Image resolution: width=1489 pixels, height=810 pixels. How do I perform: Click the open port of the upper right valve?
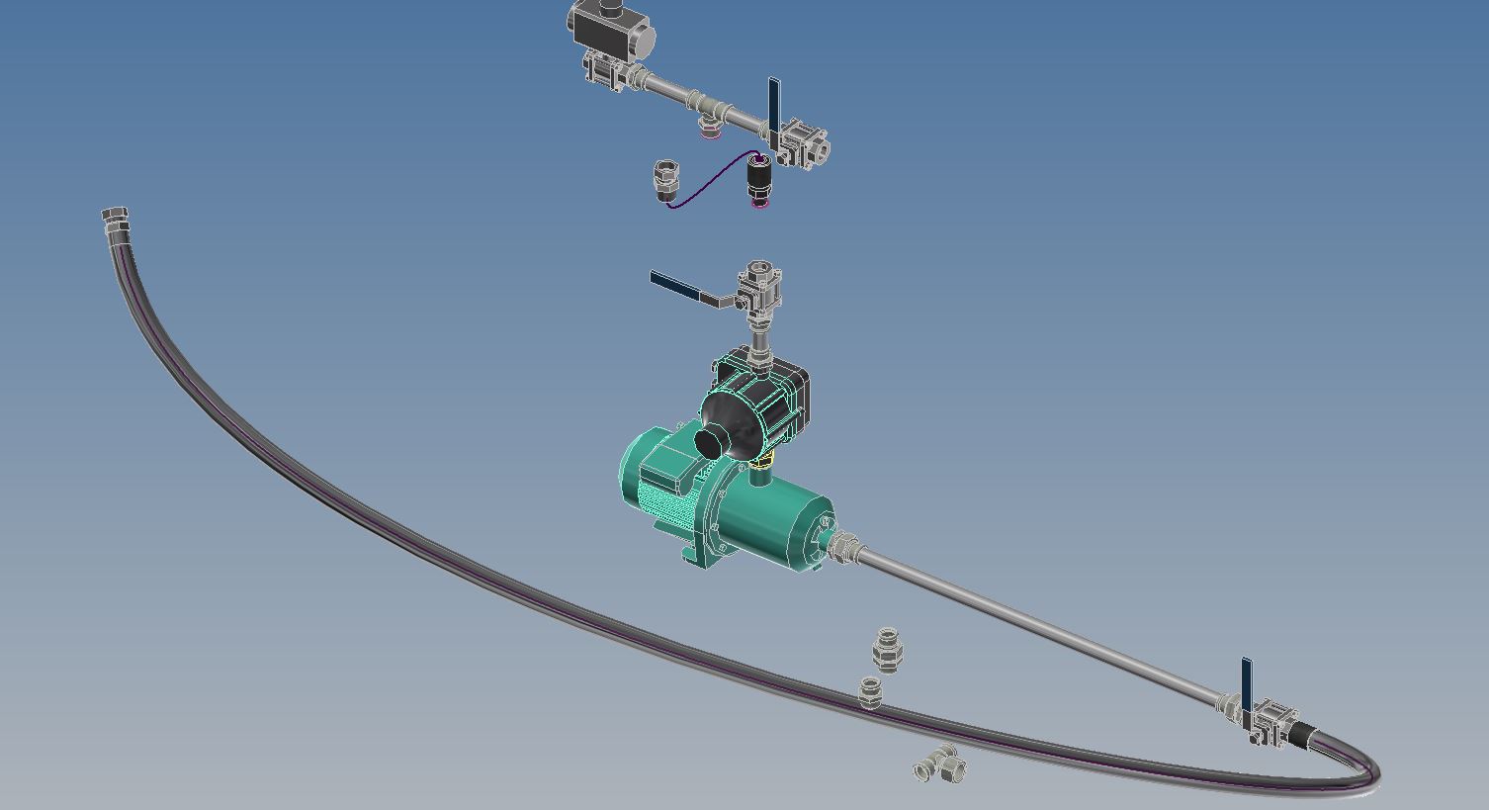point(820,151)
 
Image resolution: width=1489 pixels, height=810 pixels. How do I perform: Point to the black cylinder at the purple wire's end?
point(758,179)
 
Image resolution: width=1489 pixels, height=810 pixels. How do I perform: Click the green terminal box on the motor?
point(667,466)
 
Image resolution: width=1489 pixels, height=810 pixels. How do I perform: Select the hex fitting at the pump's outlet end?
point(842,546)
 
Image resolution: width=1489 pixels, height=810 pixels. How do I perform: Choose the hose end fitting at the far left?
point(116,221)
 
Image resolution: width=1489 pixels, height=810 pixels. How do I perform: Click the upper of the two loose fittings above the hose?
point(887,648)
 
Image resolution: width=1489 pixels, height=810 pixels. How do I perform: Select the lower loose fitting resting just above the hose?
point(870,691)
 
